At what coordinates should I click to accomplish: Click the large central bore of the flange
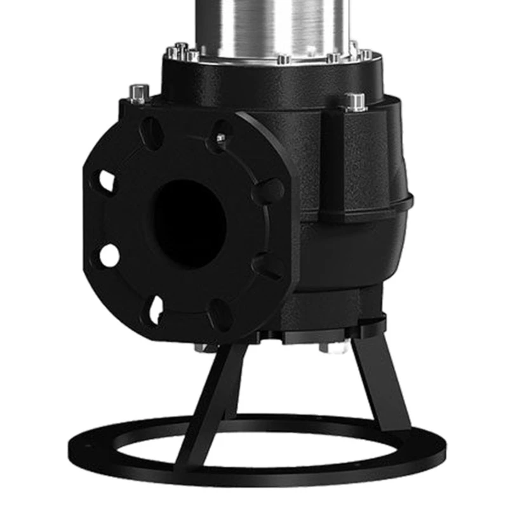pos(190,222)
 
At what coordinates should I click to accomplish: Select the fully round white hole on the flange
pos(109,255)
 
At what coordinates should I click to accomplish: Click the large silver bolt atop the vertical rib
pos(354,101)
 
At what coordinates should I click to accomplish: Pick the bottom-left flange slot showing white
pos(156,308)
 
